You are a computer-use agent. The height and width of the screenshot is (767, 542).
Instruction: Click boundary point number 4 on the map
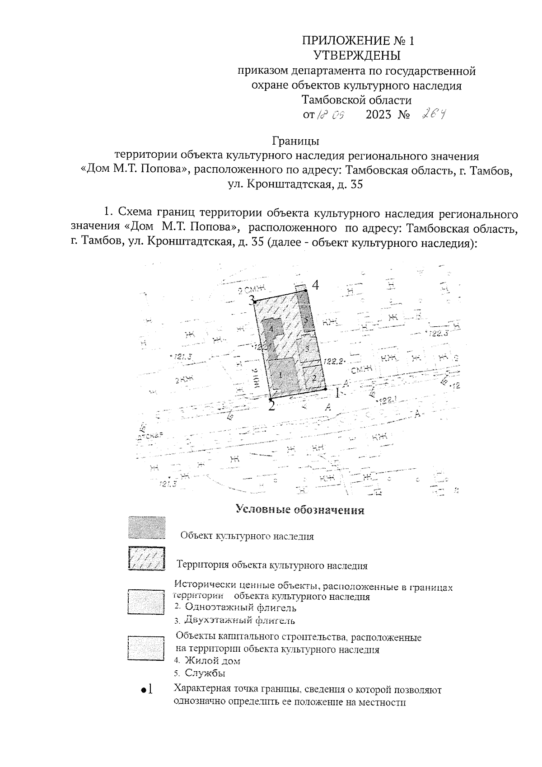tap(306, 290)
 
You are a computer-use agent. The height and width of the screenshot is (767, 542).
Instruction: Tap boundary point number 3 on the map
tap(254, 301)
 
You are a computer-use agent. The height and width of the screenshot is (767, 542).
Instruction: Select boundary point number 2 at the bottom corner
tap(271, 400)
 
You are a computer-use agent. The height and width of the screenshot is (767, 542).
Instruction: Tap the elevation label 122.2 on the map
tap(335, 361)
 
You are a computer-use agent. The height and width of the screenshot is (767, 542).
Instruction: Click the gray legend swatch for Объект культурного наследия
tap(146, 527)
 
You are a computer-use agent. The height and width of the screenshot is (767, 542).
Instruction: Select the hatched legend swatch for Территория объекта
tap(146, 559)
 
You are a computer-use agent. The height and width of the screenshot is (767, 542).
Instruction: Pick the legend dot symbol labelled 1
tap(143, 690)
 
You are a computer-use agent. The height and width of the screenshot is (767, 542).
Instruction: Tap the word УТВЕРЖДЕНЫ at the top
tap(357, 56)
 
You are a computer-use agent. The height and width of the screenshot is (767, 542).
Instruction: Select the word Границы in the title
tap(296, 141)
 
